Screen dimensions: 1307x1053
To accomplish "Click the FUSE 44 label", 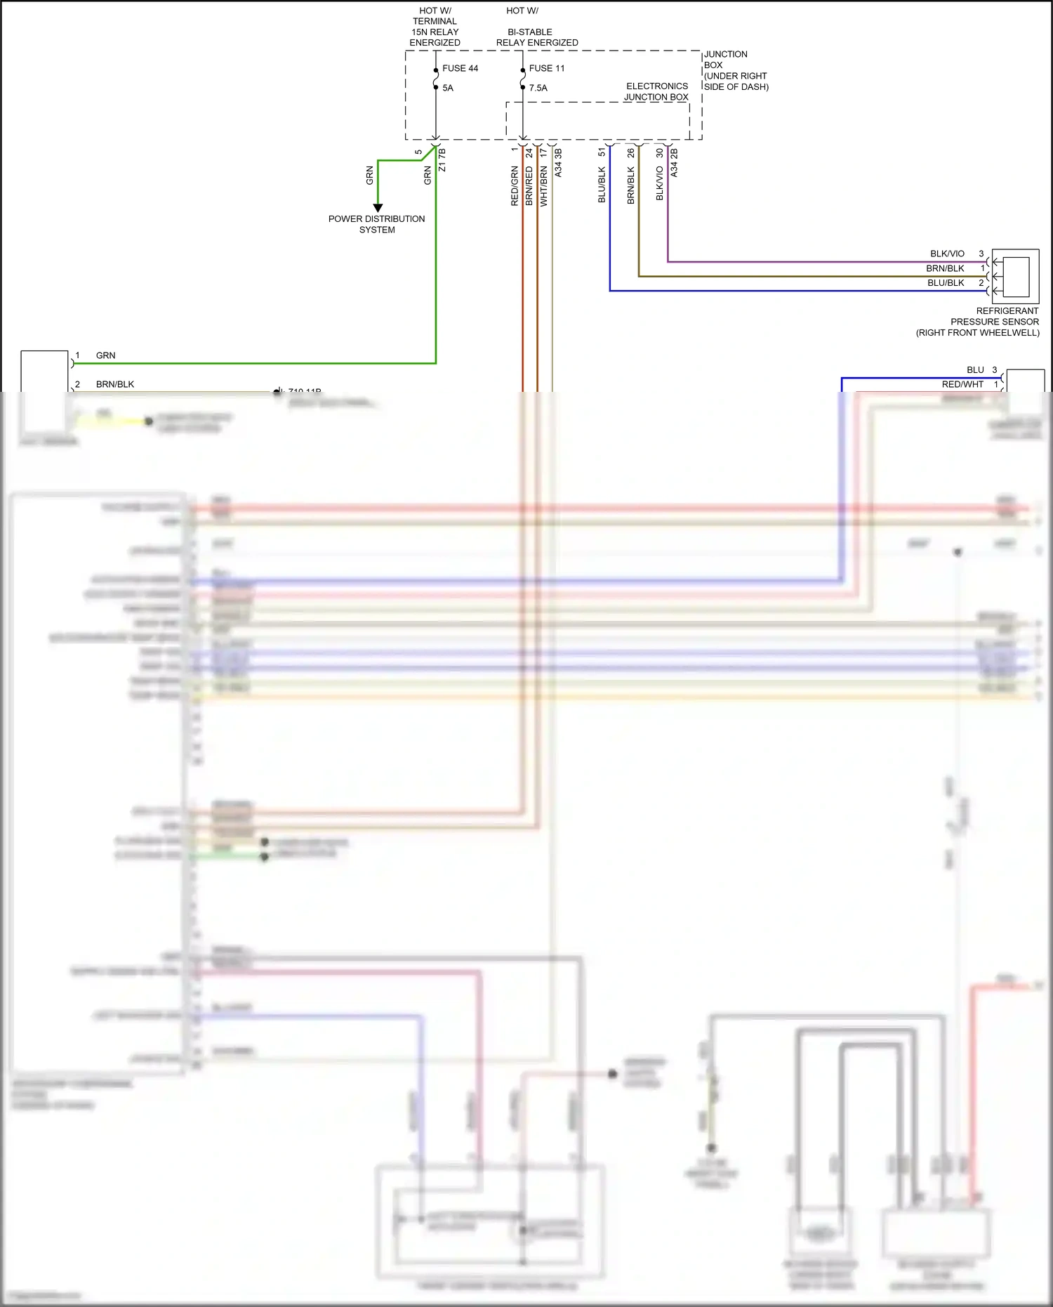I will [x=460, y=68].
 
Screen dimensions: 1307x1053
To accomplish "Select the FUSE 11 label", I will [x=546, y=68].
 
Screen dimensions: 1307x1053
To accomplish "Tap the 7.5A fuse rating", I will [x=538, y=88].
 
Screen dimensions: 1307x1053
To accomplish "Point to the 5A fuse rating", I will [x=447, y=88].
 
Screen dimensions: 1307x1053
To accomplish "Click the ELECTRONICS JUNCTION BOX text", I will [x=656, y=91].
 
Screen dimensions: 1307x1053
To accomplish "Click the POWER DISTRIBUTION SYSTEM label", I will [x=376, y=224].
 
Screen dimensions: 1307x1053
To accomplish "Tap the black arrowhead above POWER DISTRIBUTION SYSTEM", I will [x=378, y=208].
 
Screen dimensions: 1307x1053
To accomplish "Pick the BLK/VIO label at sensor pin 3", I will [x=947, y=254].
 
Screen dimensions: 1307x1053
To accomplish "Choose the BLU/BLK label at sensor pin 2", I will [x=946, y=283].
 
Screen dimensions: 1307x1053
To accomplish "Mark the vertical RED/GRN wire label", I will [x=515, y=186].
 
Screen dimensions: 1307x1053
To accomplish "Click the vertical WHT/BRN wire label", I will [x=544, y=186].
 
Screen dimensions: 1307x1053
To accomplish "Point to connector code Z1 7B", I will [x=442, y=160].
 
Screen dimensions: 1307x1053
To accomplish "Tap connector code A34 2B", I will [x=674, y=162].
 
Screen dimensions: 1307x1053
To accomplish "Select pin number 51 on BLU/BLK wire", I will [x=602, y=152].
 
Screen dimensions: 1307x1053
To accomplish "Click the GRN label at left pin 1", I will [x=105, y=355].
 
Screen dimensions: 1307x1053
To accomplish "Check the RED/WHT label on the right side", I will [x=962, y=384].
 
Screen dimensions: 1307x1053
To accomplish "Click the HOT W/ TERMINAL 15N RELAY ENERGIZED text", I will [x=435, y=27].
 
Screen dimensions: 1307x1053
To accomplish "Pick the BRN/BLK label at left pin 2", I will [x=114, y=384].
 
